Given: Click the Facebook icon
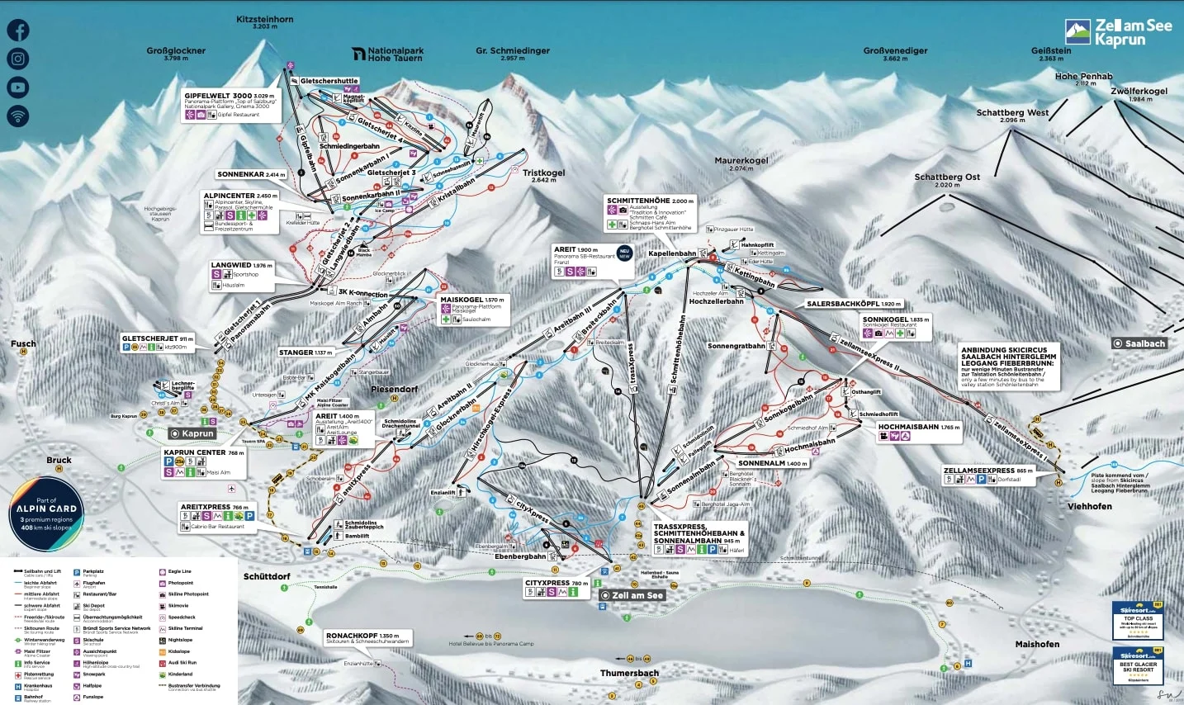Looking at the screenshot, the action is coord(17,30).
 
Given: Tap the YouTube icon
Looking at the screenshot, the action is coord(17,87).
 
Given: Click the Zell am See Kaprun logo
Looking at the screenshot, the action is coord(1118,32).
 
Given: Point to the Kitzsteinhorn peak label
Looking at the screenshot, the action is coord(264,20).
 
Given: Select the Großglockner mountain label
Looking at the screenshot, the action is coord(176,51).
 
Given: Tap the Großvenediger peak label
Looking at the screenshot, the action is coord(895,51).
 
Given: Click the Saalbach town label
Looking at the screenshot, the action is coord(1139,343).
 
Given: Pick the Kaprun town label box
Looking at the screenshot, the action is coord(192,433).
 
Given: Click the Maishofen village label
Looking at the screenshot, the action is coord(1037,644).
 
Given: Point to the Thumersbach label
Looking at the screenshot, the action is coord(629,673).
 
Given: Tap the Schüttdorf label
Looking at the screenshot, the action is coord(267,576).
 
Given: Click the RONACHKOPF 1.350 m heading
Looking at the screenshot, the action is coord(362,636).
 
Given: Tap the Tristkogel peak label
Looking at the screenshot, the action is coord(543,173).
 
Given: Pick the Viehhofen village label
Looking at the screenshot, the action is coord(1089,506).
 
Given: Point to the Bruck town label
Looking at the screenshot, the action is coord(59,460).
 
